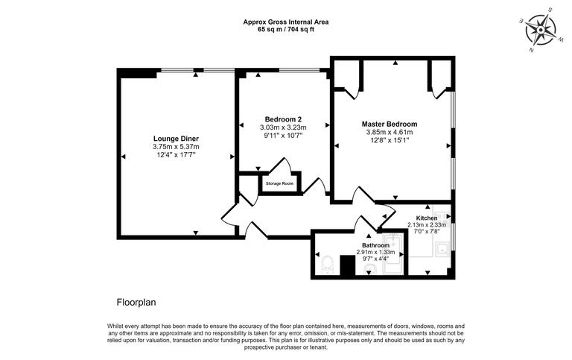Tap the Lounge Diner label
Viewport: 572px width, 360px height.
tap(176, 139)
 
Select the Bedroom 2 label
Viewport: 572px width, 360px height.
tap(283, 119)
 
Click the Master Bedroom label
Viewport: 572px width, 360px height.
tap(389, 124)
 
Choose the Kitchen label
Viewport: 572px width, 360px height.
tap(427, 217)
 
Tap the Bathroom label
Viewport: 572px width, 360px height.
tap(375, 245)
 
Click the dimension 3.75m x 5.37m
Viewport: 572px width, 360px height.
tap(176, 147)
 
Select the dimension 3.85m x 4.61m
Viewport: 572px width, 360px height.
tap(389, 132)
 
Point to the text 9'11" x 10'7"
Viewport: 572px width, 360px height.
tap(283, 136)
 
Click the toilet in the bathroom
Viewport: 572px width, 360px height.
tap(326, 264)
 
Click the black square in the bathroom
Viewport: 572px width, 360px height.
tap(346, 265)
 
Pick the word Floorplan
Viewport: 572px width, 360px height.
tap(136, 303)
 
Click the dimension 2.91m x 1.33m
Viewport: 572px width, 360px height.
tap(375, 252)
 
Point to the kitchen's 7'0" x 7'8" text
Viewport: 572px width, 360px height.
tap(427, 233)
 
